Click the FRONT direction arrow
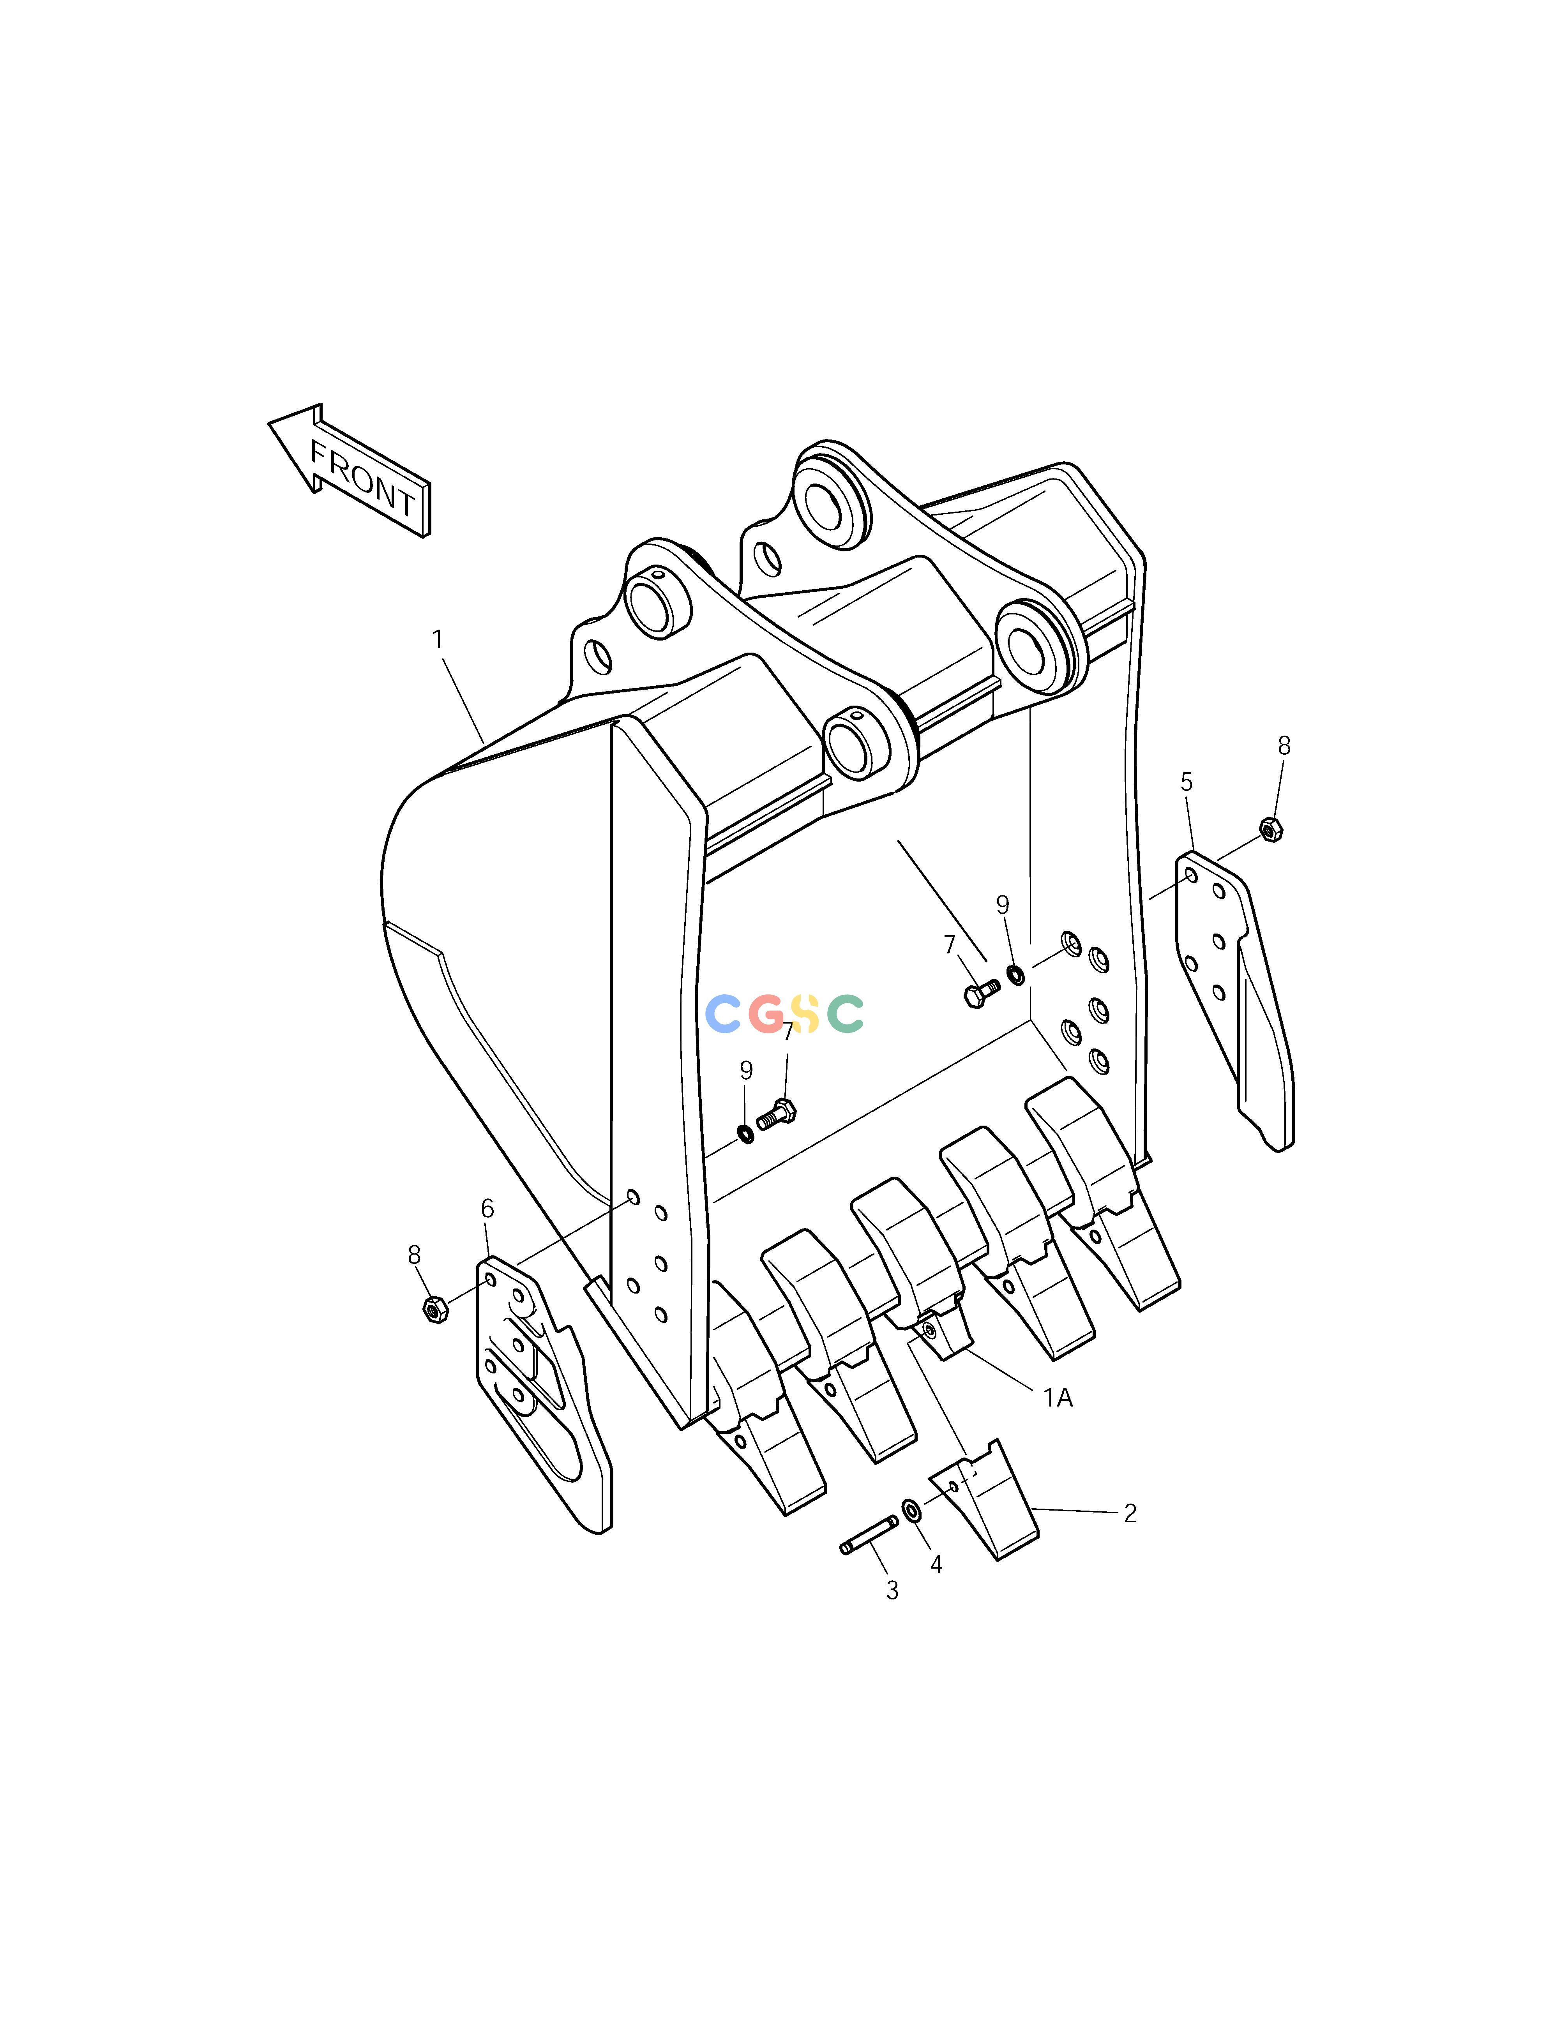(350, 471)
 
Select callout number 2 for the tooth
(1130, 1514)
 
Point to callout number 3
(892, 1590)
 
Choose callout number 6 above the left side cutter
(487, 1208)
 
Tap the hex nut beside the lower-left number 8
(434, 1309)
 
